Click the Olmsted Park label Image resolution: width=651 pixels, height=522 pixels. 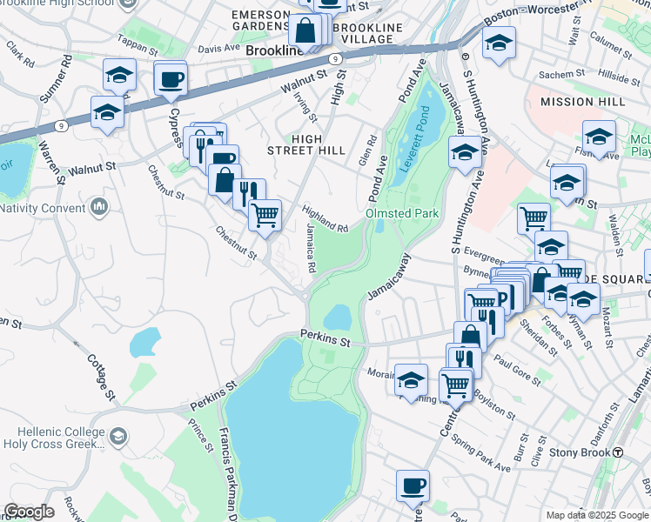[x=402, y=213]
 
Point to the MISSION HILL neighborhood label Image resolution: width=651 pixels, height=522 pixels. [x=582, y=102]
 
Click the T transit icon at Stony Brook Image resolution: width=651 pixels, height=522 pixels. [x=618, y=452]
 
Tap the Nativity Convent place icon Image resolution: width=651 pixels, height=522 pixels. [x=99, y=208]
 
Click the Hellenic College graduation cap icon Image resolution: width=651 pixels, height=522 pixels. [x=118, y=434]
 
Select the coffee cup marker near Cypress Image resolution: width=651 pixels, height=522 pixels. [x=171, y=80]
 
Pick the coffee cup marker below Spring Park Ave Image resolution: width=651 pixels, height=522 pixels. [x=413, y=485]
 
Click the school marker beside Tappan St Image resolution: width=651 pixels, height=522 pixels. [x=119, y=76]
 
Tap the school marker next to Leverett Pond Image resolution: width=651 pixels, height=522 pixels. [x=466, y=153]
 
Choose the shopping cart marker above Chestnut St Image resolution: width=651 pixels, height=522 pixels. [x=265, y=213]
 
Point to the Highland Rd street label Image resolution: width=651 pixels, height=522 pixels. [x=325, y=218]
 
